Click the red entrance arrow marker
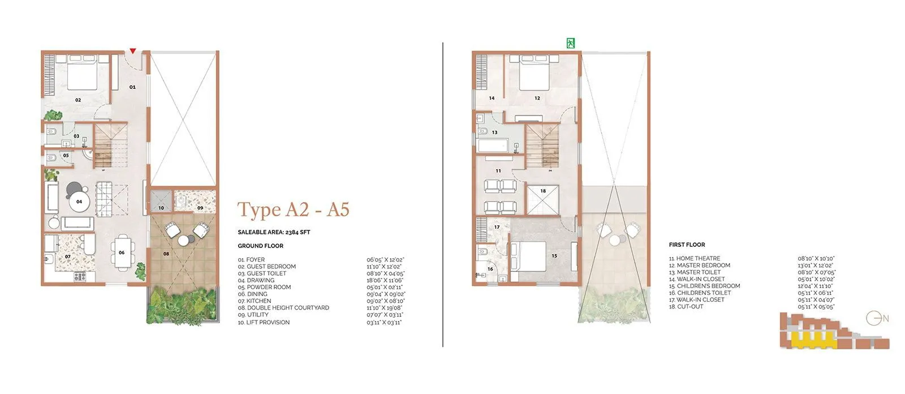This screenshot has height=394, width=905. click(x=133, y=51)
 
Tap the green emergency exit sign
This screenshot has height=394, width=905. click(x=571, y=43)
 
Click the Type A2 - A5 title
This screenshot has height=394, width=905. click(x=293, y=209)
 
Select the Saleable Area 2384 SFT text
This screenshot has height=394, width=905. click(x=274, y=232)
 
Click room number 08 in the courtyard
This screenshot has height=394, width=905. click(x=166, y=254)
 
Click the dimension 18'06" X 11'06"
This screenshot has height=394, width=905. click(x=385, y=280)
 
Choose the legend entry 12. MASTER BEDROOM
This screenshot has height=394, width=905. click(x=699, y=265)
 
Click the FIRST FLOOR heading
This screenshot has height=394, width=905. click(x=687, y=245)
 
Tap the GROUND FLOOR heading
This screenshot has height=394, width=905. click(x=260, y=246)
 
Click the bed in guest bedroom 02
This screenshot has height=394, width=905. click(x=83, y=73)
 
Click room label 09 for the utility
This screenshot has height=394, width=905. click(x=200, y=208)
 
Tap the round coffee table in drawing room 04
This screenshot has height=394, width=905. click(x=79, y=201)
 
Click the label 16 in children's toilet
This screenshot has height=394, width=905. click(x=490, y=269)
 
